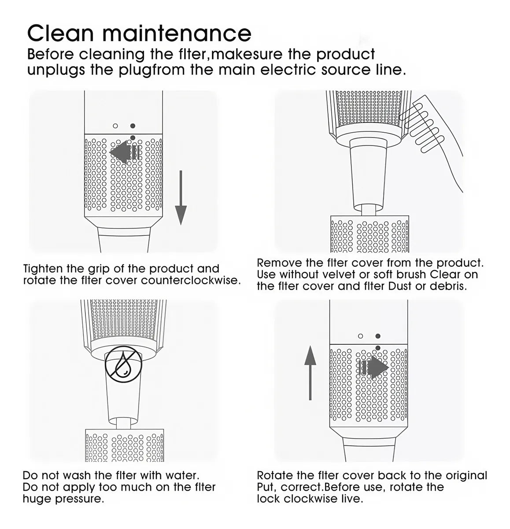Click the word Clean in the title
60,34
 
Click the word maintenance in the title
177,34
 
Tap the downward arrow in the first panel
181,197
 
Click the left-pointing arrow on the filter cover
125,152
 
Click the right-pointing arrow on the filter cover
373,368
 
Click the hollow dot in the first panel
115,126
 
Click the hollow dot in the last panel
360,336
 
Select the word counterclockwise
190,280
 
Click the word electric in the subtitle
288,70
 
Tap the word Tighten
43,269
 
